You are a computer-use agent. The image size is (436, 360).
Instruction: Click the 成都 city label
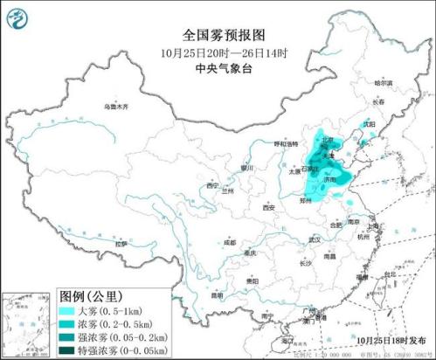click(229, 241)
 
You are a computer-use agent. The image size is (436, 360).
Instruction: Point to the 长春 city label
click(377, 102)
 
